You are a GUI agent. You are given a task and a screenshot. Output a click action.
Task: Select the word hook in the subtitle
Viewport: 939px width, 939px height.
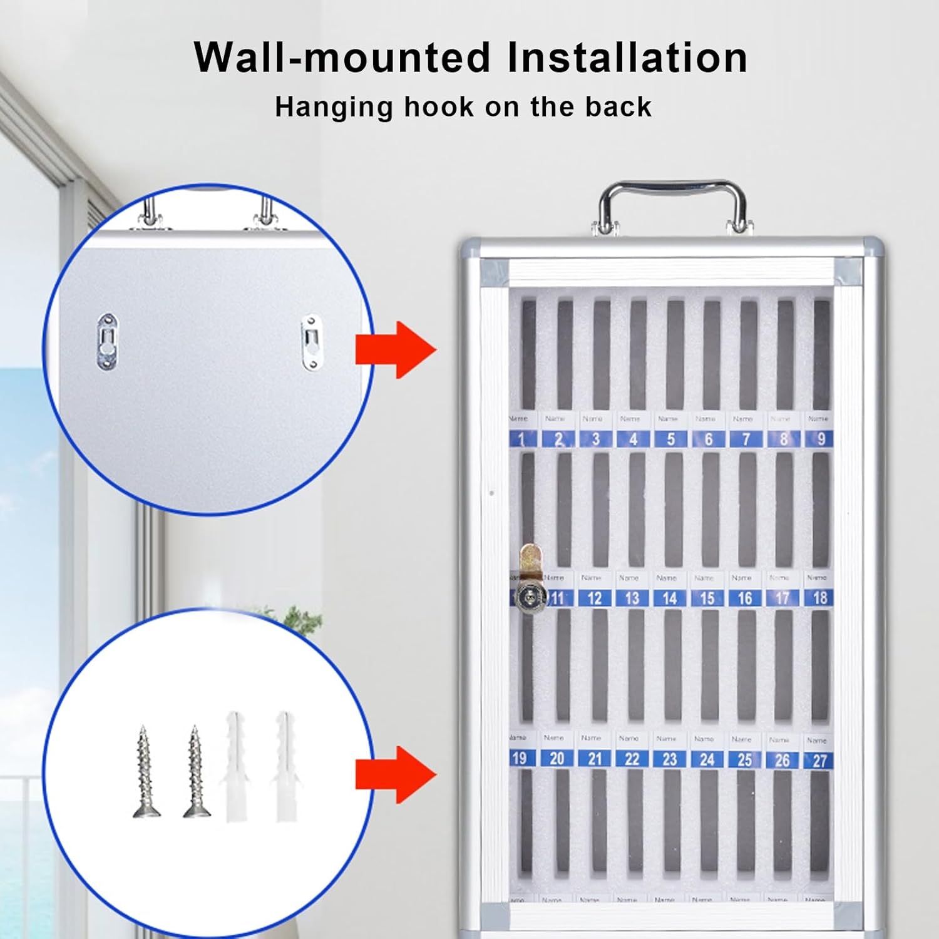[439, 107]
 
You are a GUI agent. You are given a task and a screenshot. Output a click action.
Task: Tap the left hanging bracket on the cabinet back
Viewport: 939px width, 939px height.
[108, 341]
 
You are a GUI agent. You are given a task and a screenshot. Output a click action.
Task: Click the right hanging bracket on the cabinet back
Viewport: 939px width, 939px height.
[310, 342]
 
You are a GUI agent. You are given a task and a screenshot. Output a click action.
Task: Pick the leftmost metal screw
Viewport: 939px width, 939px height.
[146, 773]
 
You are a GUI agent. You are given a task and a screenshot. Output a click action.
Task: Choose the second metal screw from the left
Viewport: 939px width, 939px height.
[196, 773]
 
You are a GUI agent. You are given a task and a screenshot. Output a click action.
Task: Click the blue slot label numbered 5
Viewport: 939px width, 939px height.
[670, 439]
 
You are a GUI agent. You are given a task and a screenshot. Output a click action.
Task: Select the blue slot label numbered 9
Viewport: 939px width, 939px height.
[820, 439]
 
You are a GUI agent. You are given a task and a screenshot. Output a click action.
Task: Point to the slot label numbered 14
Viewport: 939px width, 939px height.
[669, 598]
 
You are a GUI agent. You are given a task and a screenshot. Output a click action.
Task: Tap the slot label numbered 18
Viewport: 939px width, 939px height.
[819, 598]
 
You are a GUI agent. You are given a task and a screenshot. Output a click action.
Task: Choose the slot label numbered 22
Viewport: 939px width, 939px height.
[632, 759]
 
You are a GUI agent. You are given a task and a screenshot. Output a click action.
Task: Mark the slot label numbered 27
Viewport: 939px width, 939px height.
[819, 761]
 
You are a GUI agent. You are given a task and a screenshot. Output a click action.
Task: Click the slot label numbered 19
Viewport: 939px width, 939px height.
[519, 758]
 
